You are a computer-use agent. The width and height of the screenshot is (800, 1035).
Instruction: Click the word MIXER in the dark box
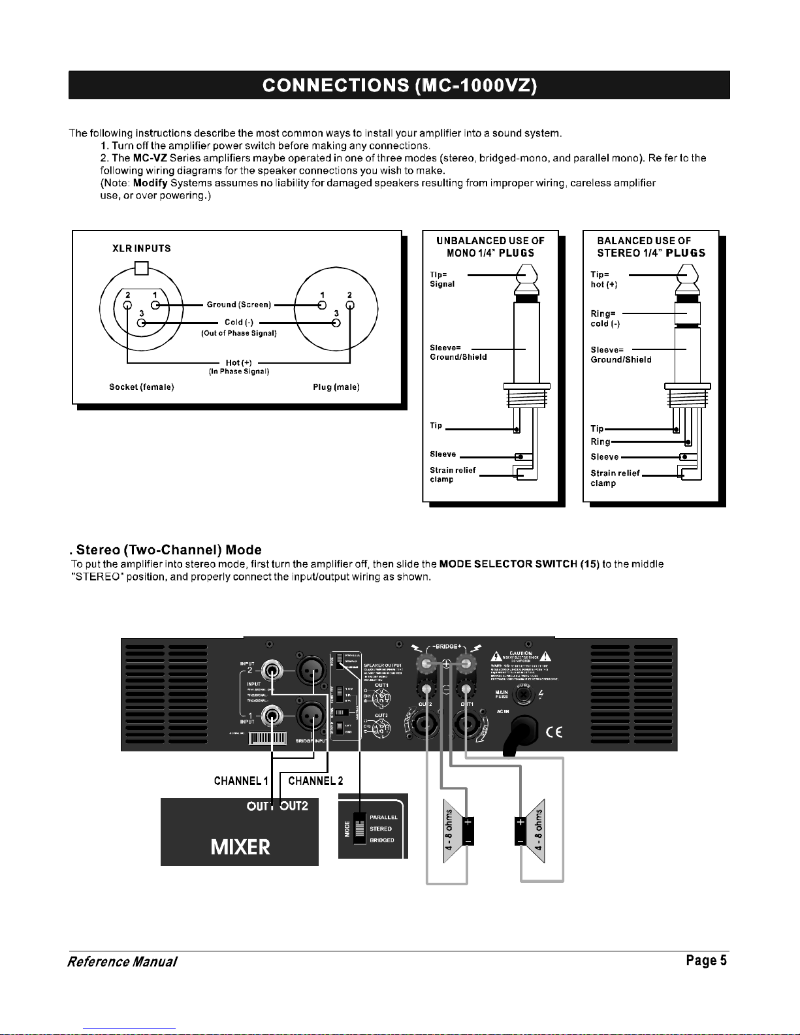point(240,847)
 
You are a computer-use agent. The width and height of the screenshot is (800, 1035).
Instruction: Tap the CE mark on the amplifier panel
point(554,731)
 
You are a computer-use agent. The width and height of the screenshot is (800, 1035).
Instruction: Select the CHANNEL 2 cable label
point(315,780)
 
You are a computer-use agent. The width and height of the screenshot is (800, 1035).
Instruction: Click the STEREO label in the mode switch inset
point(381,829)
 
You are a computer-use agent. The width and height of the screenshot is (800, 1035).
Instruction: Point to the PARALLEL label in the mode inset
point(383,817)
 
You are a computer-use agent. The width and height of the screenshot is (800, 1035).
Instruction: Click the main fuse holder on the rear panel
point(525,696)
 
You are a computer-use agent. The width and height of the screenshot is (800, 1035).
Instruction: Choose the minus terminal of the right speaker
point(520,840)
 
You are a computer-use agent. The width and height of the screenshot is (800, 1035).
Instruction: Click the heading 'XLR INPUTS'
point(142,249)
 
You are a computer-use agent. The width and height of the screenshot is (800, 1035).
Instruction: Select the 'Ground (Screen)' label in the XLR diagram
point(238,304)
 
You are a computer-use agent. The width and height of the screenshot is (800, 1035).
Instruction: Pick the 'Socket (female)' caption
point(141,387)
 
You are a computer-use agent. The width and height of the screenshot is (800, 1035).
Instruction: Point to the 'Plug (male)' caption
point(336,387)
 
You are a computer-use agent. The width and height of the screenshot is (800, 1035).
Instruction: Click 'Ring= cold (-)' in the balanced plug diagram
point(605,319)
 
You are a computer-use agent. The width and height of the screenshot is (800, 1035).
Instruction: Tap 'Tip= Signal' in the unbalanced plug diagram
point(442,279)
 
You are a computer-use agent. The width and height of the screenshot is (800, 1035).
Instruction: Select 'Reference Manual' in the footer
point(122,962)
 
